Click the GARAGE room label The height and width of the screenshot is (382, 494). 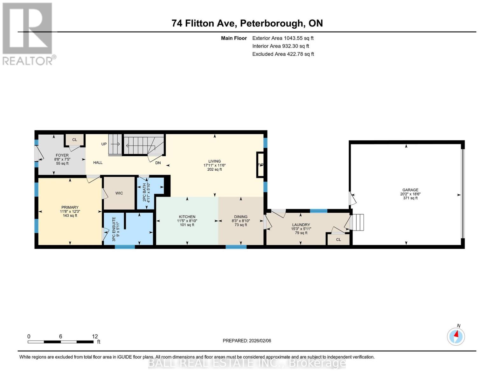410,190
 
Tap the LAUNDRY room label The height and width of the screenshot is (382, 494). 301,225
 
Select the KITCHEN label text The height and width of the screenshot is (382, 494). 187,217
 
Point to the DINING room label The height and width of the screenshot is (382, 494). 240,217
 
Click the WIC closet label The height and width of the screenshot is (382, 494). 119,193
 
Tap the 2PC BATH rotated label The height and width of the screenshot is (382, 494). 144,192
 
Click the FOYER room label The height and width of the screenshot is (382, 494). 62,155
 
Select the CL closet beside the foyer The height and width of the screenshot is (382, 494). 74,140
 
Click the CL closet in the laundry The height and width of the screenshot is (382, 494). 338,239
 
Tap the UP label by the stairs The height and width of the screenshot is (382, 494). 104,144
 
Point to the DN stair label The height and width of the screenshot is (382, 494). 158,163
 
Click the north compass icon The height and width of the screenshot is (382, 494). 456,336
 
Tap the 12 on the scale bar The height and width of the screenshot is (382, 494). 95,336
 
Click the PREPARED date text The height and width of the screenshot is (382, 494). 247,341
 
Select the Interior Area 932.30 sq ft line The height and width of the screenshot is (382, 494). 281,46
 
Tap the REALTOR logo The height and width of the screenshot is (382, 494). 28,33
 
